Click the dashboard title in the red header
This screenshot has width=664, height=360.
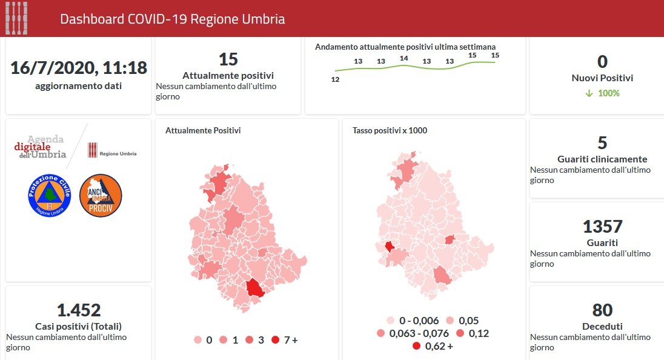click(172, 19)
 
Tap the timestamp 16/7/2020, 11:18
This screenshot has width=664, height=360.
click(78, 68)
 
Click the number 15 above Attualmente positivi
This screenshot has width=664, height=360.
click(228, 59)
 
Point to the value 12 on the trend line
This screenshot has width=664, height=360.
click(335, 79)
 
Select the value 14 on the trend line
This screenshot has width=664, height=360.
click(404, 58)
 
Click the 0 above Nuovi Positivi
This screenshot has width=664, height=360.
click(602, 62)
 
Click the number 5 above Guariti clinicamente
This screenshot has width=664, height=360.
click(602, 143)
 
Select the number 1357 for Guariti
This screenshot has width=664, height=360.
click(602, 227)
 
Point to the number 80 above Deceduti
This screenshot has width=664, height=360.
click(602, 310)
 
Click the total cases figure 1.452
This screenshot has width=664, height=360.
click(78, 310)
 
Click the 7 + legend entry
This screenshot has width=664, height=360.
click(285, 340)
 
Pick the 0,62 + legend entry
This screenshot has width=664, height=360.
click(433, 346)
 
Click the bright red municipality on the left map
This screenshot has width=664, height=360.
click(255, 288)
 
